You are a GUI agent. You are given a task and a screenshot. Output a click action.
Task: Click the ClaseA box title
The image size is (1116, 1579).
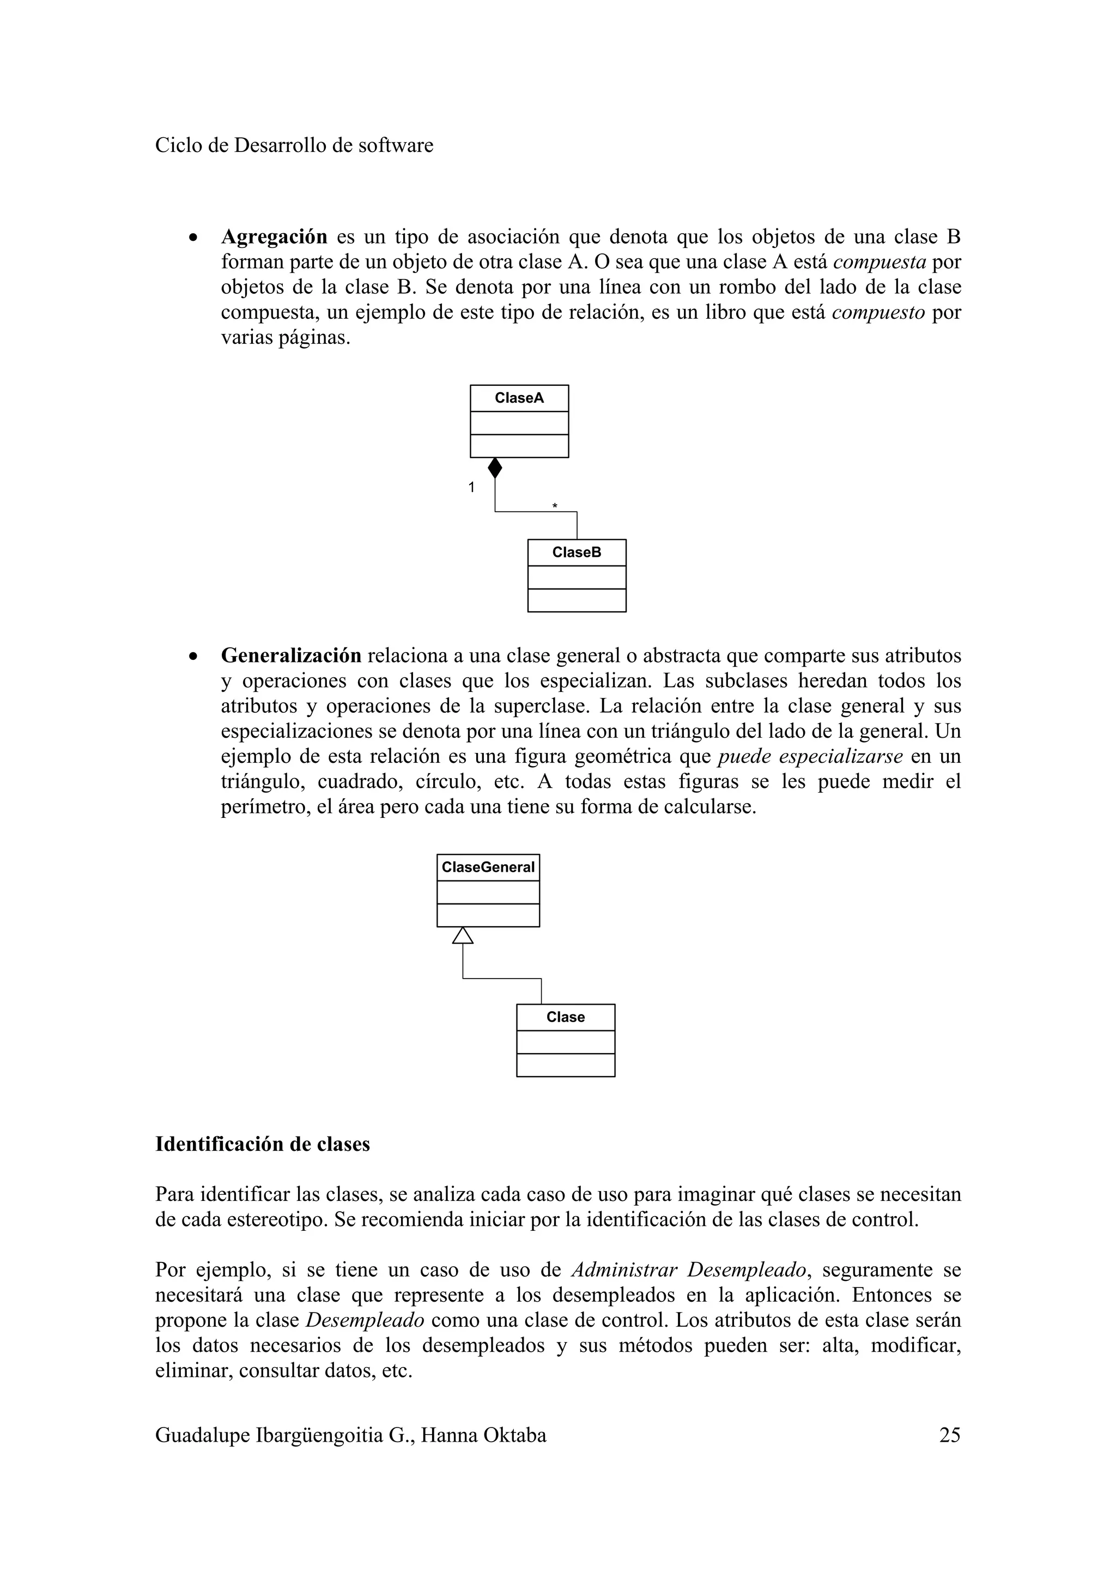(519, 398)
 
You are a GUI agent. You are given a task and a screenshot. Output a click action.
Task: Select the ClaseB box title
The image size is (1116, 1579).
(576, 552)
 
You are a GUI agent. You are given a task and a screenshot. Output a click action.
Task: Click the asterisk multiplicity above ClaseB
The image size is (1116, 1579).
(555, 507)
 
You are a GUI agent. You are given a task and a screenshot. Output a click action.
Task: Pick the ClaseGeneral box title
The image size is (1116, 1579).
(488, 867)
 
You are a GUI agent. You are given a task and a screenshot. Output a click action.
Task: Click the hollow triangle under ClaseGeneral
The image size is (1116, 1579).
(463, 936)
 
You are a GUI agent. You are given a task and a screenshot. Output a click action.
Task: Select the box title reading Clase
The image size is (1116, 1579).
(565, 1017)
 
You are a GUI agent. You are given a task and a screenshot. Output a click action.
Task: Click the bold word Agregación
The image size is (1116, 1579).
(274, 236)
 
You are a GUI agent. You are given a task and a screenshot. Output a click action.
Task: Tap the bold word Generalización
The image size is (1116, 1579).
(291, 655)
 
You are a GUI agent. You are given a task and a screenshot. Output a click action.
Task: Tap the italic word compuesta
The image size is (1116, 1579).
(880, 262)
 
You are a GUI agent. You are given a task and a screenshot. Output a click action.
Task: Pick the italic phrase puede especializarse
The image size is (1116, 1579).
(810, 756)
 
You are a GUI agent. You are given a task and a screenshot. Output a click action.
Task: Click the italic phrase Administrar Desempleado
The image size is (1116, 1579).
(688, 1270)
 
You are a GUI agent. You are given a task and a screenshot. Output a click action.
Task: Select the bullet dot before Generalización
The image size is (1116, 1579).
(195, 657)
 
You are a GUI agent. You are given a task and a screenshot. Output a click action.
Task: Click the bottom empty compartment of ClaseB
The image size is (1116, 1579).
(576, 600)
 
